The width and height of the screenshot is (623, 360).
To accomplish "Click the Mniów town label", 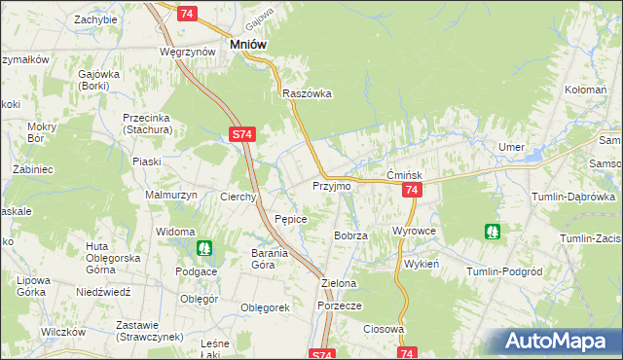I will (x=247, y=44).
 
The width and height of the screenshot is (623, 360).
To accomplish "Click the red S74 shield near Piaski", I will (x=242, y=137).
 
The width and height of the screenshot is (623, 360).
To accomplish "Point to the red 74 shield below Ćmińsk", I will (x=411, y=192).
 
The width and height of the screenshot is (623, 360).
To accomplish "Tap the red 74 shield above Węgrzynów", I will (x=188, y=13).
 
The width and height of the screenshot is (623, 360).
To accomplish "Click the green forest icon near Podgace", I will (x=204, y=248).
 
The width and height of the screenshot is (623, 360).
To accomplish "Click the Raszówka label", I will (x=308, y=93).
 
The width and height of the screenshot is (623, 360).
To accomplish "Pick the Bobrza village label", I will (x=350, y=235).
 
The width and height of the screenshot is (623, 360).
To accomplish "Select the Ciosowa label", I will (x=384, y=329).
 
